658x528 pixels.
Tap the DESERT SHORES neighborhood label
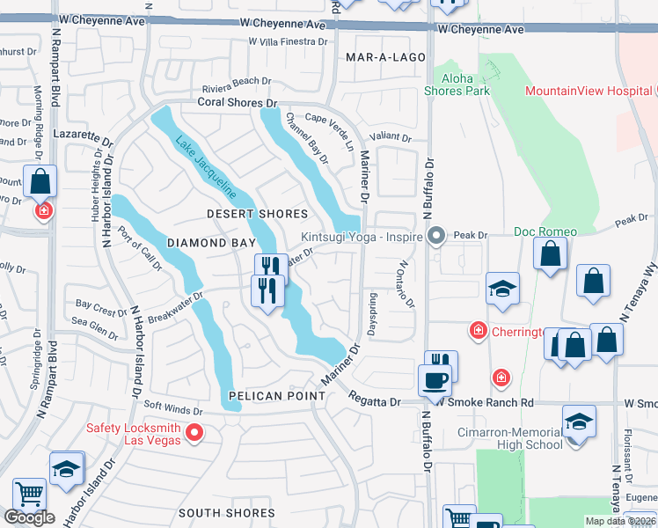click(x=257, y=214)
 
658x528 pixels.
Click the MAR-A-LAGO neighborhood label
click(x=385, y=57)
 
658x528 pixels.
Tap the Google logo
click(x=29, y=517)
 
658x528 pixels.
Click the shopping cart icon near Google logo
click(x=29, y=495)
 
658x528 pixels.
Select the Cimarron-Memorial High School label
click(x=510, y=438)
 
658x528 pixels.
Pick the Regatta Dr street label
click(x=375, y=401)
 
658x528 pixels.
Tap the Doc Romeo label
click(x=545, y=231)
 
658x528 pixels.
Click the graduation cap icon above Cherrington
click(x=502, y=290)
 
